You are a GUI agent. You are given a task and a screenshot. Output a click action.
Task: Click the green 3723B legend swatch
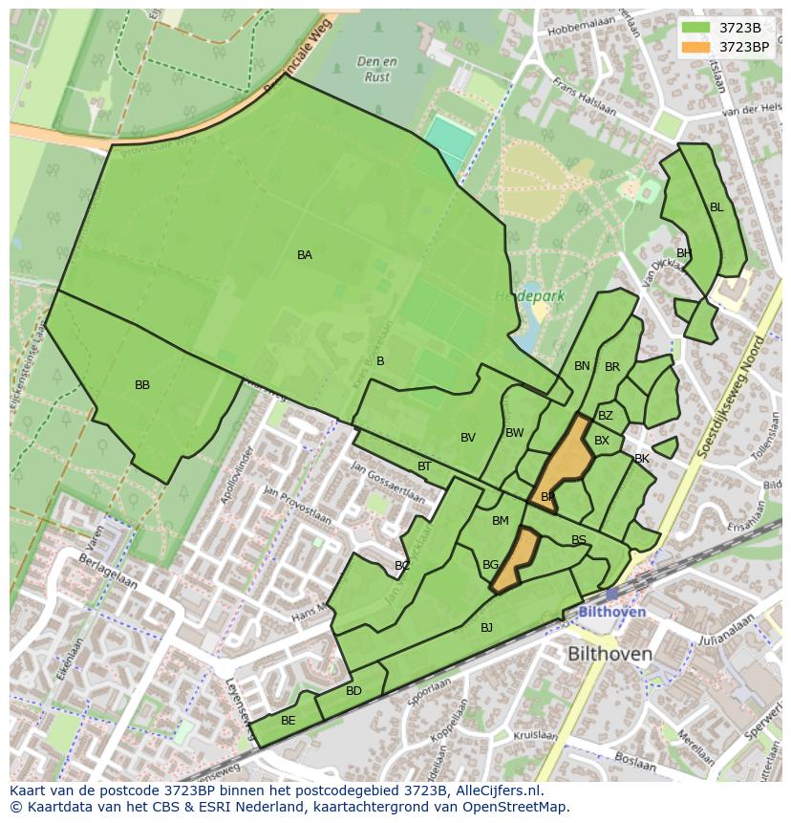tap(696, 28)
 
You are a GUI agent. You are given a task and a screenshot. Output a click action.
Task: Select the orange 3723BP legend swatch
tap(696, 46)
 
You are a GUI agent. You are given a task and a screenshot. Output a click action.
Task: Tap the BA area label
tap(304, 255)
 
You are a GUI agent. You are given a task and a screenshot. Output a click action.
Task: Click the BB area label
tap(142, 385)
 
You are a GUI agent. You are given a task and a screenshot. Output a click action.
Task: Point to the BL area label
tap(716, 207)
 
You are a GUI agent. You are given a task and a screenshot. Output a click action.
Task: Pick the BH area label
tap(683, 253)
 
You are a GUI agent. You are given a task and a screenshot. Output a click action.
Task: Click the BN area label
tap(582, 366)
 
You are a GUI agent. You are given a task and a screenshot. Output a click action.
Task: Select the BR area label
tap(612, 367)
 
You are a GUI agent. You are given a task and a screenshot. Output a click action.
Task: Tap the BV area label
tap(468, 438)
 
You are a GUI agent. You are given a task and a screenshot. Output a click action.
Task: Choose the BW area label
tap(515, 433)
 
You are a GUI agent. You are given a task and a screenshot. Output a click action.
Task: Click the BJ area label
tap(486, 628)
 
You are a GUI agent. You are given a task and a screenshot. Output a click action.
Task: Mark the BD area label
tap(353, 691)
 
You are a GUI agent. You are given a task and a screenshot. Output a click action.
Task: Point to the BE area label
tap(288, 721)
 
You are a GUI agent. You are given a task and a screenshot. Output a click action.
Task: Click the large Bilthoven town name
tap(609, 655)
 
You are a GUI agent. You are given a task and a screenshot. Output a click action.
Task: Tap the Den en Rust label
tap(377, 70)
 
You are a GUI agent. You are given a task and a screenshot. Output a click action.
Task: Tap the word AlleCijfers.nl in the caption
tap(498, 791)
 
